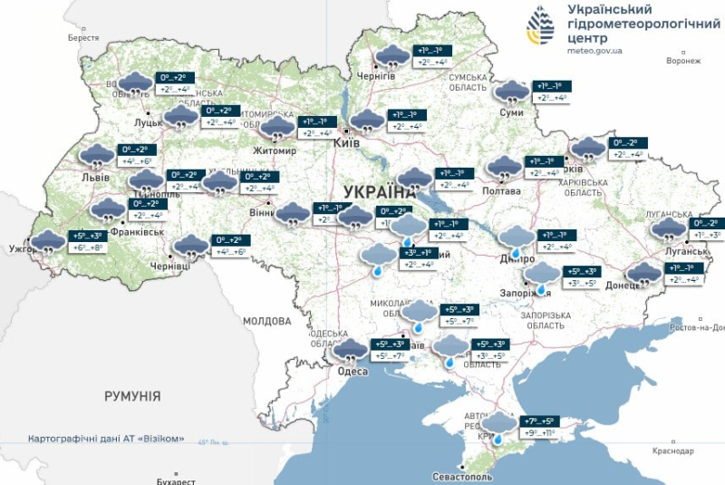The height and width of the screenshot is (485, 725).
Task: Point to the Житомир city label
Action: point(275,150)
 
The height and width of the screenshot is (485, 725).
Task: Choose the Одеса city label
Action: point(353,372)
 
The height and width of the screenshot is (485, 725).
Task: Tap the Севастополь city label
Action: point(462,476)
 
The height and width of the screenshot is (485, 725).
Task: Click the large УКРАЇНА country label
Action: point(380,191)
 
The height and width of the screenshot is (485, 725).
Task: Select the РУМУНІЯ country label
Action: point(132,396)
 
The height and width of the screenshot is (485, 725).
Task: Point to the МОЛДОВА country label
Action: point(266,321)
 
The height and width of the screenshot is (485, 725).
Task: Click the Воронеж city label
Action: point(682,61)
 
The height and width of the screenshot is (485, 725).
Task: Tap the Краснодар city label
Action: point(673,451)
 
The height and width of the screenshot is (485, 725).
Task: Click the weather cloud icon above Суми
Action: point(512,92)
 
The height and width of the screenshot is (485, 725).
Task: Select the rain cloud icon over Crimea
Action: point(498,425)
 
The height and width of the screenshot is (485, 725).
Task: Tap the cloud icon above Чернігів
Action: point(391,56)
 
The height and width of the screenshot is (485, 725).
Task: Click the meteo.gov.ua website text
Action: point(594,51)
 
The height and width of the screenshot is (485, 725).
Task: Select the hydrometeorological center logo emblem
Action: point(543,28)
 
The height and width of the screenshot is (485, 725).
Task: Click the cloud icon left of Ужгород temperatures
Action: point(45,242)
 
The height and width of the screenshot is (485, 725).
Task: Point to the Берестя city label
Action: point(83,38)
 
